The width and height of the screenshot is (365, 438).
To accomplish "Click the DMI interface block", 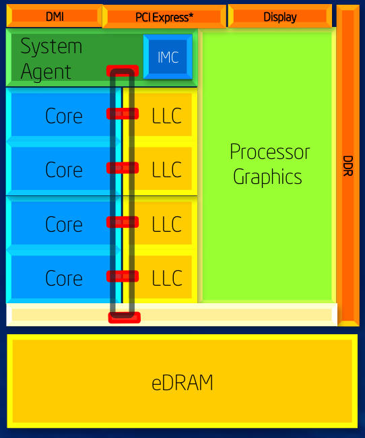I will pyautogui.click(x=55, y=16).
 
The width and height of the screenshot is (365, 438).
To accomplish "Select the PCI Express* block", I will pyautogui.click(x=164, y=17).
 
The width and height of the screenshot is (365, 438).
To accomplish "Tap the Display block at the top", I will pyautogui.click(x=279, y=17).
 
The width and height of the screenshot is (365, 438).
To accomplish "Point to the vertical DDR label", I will pyautogui.click(x=347, y=164).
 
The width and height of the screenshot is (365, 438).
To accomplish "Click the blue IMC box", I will pyautogui.click(x=168, y=57).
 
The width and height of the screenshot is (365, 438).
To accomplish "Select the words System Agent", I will pyautogui.click(x=51, y=59).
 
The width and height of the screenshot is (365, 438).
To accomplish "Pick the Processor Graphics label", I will pyautogui.click(x=270, y=164).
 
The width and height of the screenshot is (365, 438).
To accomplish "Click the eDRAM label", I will pyautogui.click(x=182, y=383).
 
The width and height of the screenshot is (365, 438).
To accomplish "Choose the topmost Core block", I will pyautogui.click(x=63, y=116).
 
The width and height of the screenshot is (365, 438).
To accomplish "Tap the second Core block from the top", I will pyautogui.click(x=63, y=170).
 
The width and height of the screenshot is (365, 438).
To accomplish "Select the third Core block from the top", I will pyautogui.click(x=63, y=224).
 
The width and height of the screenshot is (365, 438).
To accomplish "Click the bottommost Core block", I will pyautogui.click(x=63, y=278).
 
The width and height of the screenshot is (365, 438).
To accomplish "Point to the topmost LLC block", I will pyautogui.click(x=166, y=116).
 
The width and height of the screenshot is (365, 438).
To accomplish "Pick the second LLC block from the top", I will pyautogui.click(x=166, y=170).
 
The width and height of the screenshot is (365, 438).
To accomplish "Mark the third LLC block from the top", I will pyautogui.click(x=166, y=224).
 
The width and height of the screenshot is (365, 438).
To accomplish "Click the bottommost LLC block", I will pyautogui.click(x=166, y=278).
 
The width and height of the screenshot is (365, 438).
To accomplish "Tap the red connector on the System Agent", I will pyautogui.click(x=122, y=71).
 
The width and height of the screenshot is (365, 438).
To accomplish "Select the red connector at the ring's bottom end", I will pyautogui.click(x=125, y=317).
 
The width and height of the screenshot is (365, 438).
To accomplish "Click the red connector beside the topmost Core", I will pyautogui.click(x=123, y=114).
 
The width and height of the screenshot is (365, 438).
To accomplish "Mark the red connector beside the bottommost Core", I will pyautogui.click(x=123, y=276).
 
